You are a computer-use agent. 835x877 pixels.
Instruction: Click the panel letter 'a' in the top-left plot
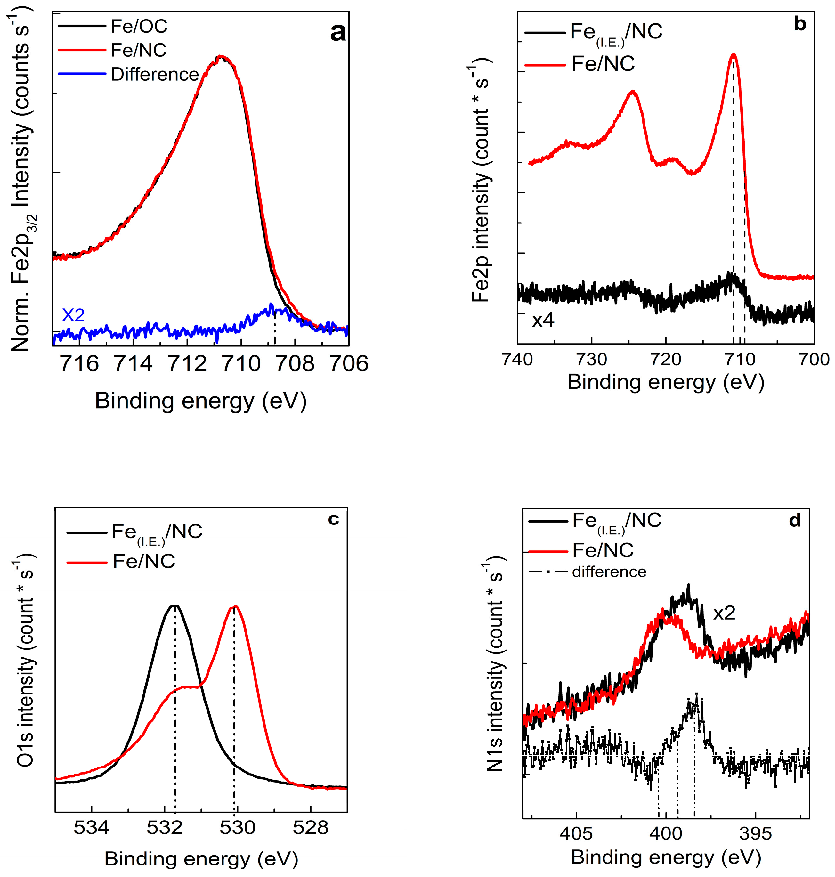tap(338, 33)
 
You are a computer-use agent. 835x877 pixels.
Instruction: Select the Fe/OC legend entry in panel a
tap(139, 27)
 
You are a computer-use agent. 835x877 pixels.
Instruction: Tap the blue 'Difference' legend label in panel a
tap(154, 74)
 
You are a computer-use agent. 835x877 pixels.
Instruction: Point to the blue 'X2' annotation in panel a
tap(73, 315)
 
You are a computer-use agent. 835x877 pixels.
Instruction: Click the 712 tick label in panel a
tap(187, 364)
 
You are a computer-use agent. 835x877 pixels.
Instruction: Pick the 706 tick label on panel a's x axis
tap(349, 364)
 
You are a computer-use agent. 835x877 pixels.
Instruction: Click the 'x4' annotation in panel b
tap(543, 320)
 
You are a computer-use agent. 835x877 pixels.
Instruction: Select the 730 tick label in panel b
tap(592, 359)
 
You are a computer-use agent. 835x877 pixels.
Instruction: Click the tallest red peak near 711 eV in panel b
tap(734, 54)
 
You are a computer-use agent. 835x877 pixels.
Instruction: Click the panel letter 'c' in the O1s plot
tap(333, 519)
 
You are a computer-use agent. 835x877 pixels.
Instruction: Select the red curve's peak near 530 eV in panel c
tap(235, 606)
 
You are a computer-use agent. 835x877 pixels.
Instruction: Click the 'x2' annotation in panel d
tap(724, 613)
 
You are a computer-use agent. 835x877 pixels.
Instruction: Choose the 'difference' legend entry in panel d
tap(609, 572)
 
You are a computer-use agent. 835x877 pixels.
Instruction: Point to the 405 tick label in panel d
tap(576, 833)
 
